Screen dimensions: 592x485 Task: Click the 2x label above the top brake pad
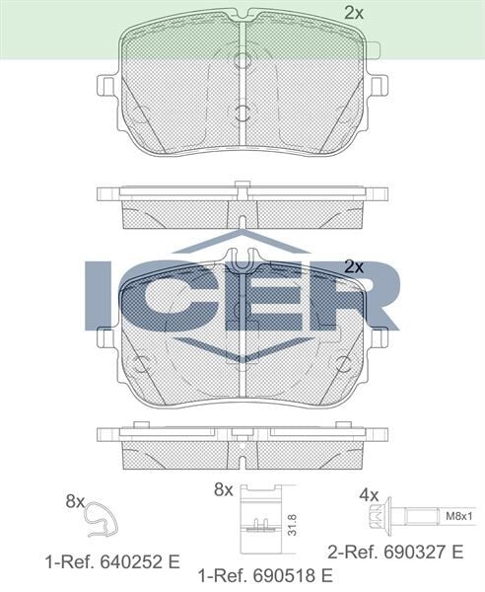(354, 13)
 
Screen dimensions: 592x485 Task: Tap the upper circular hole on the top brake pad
(242, 60)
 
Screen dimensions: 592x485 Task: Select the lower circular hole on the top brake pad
(242, 112)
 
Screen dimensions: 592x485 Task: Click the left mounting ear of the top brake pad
(108, 85)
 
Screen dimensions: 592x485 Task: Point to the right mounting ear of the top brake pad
(377, 85)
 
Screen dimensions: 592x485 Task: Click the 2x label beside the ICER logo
(354, 266)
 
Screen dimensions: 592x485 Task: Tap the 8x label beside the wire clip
(75, 501)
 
